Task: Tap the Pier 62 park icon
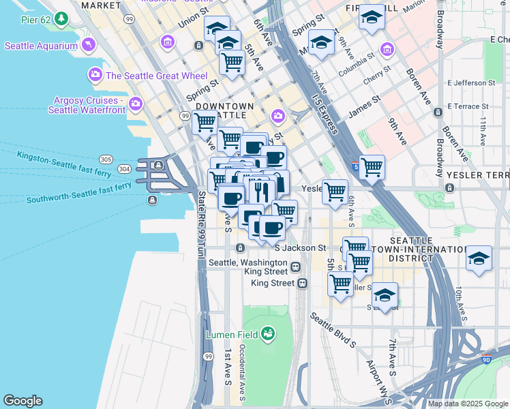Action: [62, 17]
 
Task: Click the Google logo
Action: [22, 401]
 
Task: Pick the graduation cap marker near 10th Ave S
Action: [479, 259]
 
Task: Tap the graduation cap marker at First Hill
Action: [372, 18]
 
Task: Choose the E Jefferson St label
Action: [471, 83]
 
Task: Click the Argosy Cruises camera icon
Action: [136, 104]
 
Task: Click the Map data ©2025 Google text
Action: [468, 404]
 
